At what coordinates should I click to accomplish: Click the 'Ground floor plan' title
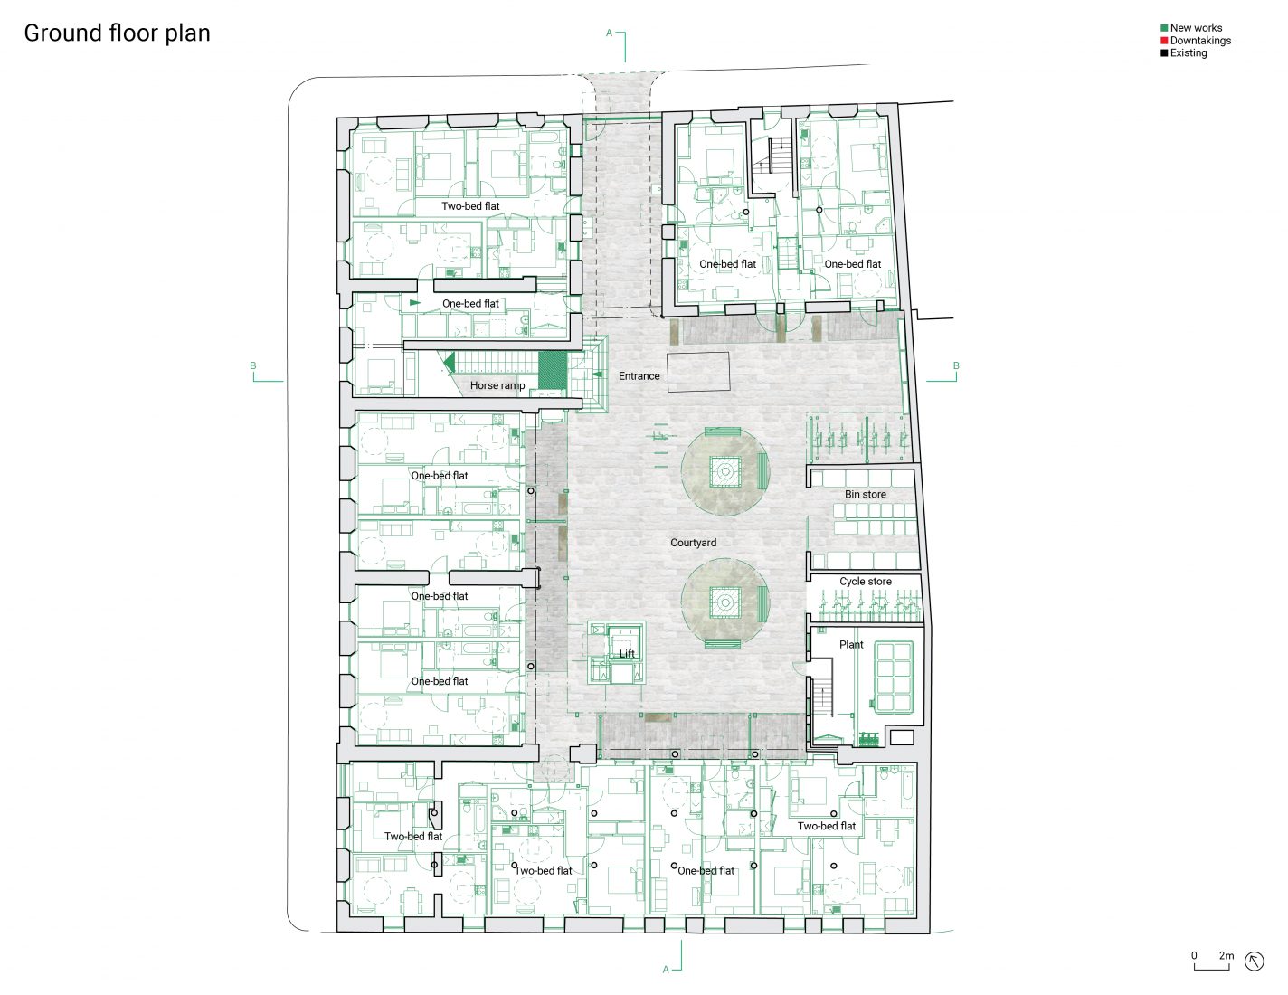117,33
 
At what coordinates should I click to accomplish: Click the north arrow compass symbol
1254,962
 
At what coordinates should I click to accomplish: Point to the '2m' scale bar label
1226,955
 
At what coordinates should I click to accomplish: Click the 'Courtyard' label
693,543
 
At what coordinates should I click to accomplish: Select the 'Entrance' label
639,376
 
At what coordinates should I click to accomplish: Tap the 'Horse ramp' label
497,385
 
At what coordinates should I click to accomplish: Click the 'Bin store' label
865,495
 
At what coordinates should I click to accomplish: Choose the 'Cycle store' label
865,582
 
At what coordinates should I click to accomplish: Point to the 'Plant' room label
850,645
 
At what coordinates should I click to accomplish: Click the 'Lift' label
627,654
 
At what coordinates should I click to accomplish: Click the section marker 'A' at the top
610,33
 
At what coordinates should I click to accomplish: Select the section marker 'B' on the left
253,366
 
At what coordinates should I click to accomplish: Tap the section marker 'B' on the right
955,366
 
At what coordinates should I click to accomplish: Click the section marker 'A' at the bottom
666,970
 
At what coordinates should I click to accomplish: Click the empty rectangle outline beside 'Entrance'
698,372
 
